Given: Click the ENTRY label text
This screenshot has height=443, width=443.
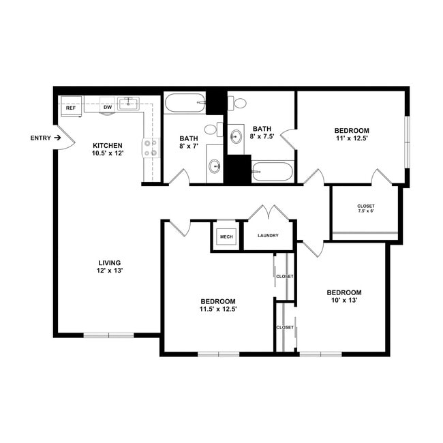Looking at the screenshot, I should pos(40,138).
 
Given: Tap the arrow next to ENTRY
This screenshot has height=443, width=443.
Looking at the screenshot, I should pos(58,138).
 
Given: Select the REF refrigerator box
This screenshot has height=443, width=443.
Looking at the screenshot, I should pos(70,108).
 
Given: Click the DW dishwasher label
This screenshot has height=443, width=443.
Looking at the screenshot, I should pos(107,108).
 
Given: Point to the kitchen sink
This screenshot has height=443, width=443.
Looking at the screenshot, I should pos(128,104).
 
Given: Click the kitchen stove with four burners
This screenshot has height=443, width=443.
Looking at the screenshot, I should pos(150,149).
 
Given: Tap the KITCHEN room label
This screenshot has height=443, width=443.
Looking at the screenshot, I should pos(107,149).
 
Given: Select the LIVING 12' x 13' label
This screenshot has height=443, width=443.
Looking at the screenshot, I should pos(109,266).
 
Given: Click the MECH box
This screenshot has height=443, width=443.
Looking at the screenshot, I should pos(226,237).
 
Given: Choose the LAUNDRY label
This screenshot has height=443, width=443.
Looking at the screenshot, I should pos(269,236).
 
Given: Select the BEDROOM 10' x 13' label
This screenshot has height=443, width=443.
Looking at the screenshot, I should pos(343,296).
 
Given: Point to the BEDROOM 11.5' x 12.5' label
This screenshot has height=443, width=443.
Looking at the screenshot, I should pos(218,305).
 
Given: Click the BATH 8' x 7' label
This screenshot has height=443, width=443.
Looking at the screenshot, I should pos(188,142).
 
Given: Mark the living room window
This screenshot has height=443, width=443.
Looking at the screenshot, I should pos(109,335).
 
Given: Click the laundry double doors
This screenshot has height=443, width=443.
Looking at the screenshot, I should pos(269,212).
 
